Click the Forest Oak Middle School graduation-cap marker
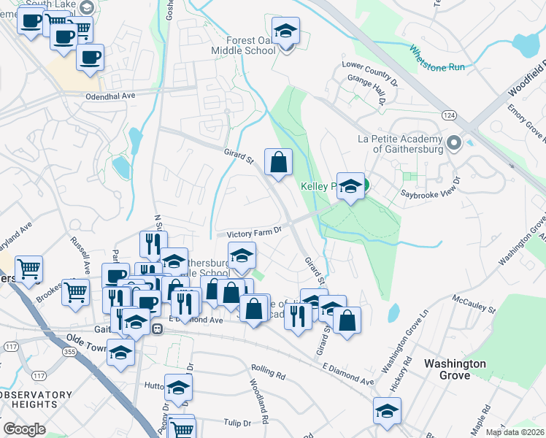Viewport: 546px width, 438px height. (x=286, y=31)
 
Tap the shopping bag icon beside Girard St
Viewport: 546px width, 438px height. (x=278, y=163)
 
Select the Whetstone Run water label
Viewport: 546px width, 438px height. (x=437, y=58)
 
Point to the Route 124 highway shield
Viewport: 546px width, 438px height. (x=449, y=116)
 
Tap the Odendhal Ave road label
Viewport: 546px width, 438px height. (x=110, y=96)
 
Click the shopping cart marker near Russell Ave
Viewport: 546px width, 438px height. (x=76, y=293)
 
